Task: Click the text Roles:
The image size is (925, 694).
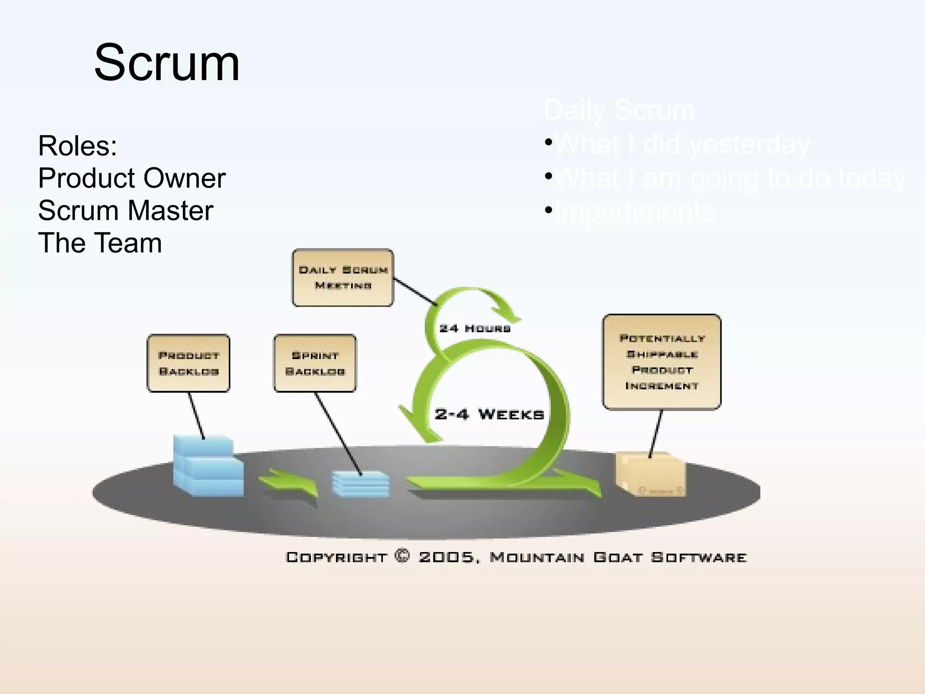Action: point(77,146)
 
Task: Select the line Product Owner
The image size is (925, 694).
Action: point(131,178)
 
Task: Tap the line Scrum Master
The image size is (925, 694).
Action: point(125,211)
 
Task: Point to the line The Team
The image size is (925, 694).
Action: point(100,243)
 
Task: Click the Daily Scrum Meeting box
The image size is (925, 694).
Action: point(343,277)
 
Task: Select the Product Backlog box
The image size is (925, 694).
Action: point(188,363)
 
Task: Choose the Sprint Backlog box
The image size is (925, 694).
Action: point(315,363)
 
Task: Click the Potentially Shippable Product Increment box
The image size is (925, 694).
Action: point(662,362)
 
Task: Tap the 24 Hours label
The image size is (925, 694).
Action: point(475,328)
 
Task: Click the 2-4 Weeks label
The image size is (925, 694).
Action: point(489,414)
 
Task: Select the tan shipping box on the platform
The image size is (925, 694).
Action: point(650,474)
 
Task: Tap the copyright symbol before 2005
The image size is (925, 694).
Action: point(402,556)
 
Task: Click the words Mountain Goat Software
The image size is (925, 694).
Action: point(618,557)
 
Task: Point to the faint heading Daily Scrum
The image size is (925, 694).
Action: point(619,110)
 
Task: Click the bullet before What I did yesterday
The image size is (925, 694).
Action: point(548,142)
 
